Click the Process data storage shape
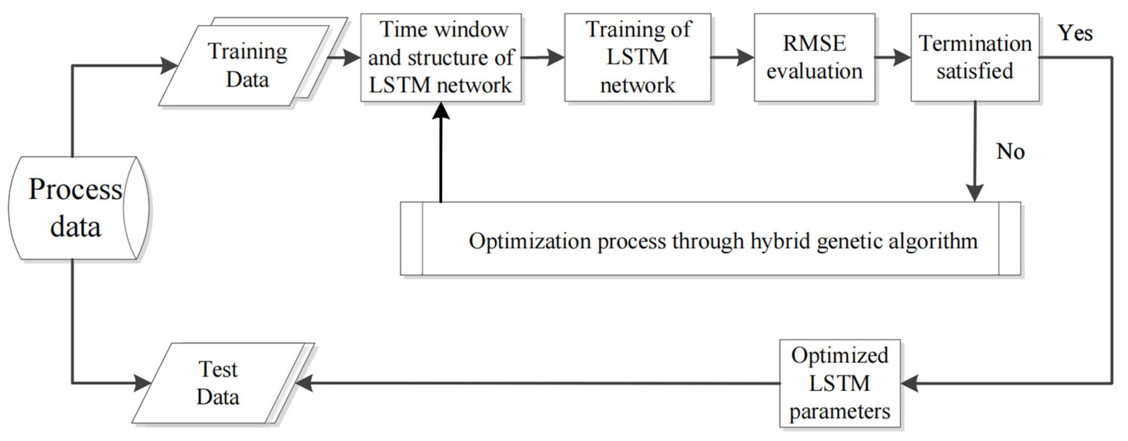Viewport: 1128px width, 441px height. click(77, 208)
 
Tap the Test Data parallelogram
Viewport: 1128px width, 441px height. click(219, 384)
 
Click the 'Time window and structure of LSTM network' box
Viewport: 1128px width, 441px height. click(441, 57)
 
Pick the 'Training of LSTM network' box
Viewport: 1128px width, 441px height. click(637, 57)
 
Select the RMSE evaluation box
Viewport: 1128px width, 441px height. click(814, 57)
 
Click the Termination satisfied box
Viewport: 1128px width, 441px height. click(975, 57)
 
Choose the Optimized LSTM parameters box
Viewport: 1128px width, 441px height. click(839, 383)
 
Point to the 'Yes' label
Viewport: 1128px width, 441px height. click(1075, 33)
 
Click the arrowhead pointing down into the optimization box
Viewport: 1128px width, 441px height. click(975, 193)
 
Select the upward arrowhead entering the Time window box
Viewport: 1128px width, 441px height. click(441, 112)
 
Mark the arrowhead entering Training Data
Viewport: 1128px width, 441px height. click(168, 66)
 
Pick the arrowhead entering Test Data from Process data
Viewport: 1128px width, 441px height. click(142, 383)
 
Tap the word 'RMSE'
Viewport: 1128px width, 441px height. click(814, 43)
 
